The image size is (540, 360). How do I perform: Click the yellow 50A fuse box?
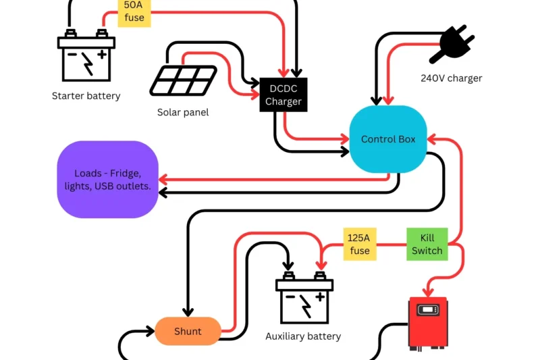134,12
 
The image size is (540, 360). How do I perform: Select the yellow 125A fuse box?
360,245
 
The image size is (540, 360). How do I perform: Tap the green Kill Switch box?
427,245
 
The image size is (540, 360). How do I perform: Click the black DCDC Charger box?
283,95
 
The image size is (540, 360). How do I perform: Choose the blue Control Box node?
388,140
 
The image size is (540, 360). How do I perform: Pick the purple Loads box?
108,180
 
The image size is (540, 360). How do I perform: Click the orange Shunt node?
188,331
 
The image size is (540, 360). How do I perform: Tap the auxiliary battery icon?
304,299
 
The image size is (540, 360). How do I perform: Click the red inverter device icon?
428,323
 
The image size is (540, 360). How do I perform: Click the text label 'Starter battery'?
86,96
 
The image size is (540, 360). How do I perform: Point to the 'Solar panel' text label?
183,112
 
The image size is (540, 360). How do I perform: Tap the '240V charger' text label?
452,78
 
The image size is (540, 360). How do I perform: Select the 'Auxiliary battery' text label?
303,336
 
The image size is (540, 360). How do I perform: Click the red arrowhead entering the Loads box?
163,180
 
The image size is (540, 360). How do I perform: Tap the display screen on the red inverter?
428,311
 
